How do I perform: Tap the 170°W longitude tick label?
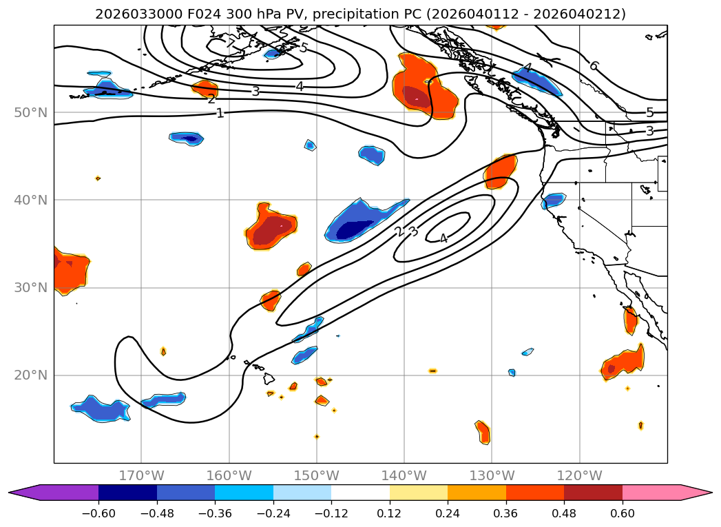coord(141,475)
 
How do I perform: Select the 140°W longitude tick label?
coord(404,475)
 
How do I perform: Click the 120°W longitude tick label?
coord(579,475)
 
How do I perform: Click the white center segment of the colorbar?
coord(360,492)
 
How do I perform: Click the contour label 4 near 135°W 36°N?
coord(443,238)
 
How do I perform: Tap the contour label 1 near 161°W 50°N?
coord(220,113)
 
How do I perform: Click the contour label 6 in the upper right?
coord(594,65)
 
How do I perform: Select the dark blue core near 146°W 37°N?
coord(355,227)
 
